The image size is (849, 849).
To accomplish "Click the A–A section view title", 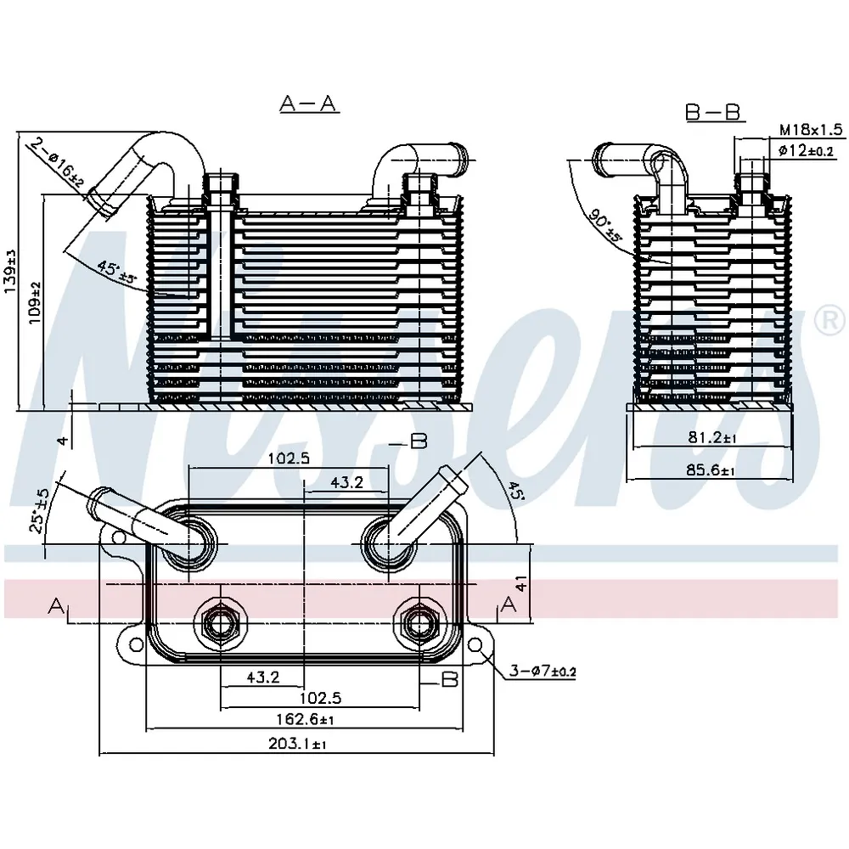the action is (309, 103).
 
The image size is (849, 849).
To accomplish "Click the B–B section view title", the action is (712, 113).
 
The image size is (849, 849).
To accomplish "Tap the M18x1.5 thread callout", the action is (811, 129).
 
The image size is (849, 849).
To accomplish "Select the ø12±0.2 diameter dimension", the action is (806, 150).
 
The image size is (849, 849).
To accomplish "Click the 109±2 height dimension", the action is (35, 303).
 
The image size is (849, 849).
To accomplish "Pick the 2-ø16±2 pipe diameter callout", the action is (57, 163).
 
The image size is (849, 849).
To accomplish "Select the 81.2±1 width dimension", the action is (712, 437).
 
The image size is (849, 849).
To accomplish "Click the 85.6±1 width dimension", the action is (711, 470).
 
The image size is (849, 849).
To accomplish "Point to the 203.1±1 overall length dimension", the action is (297, 744).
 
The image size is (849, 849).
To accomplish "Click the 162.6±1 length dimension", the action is (306, 720).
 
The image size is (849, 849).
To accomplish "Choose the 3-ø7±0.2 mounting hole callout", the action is (543, 672).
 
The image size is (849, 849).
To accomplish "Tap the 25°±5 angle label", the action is (39, 510).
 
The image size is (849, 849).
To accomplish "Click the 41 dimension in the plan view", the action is (521, 583).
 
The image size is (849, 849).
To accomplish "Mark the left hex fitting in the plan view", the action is (220, 625).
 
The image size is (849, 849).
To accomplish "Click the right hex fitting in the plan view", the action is (419, 625).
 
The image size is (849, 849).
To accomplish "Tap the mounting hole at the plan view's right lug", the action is (475, 644).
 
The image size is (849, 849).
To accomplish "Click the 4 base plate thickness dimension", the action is (64, 441).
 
